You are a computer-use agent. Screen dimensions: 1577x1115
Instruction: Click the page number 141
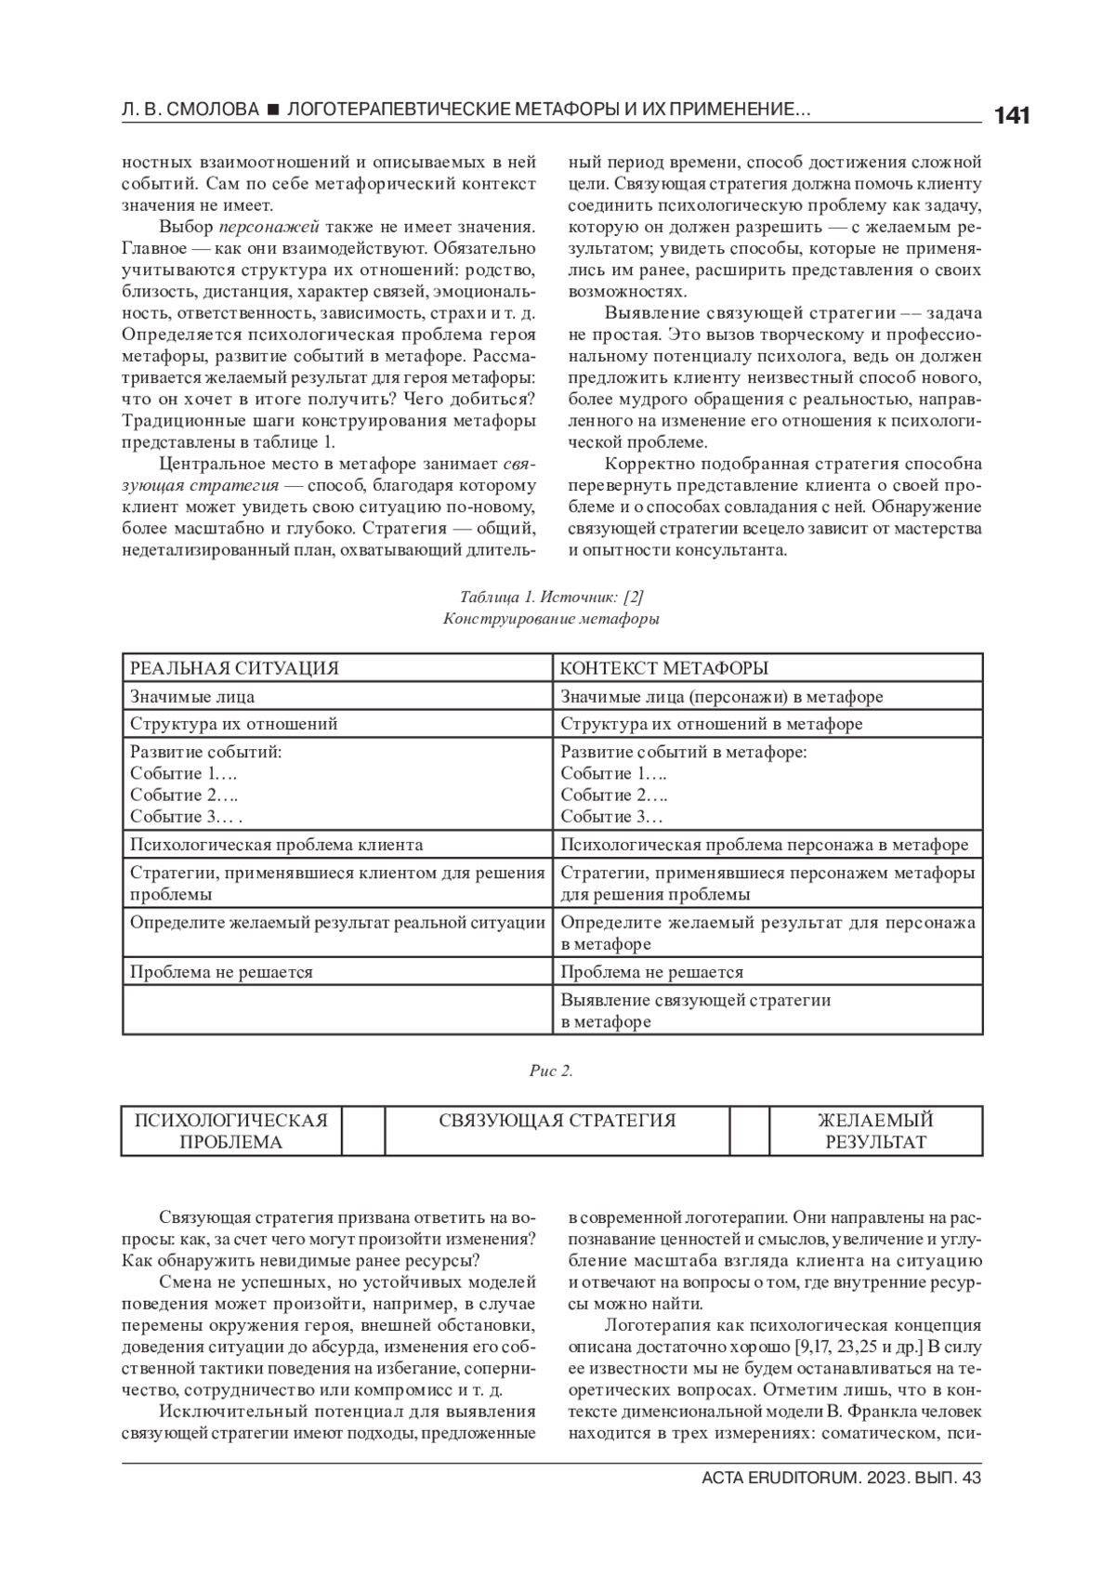tap(1011, 116)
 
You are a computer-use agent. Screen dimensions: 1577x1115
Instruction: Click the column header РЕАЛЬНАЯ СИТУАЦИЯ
tap(234, 668)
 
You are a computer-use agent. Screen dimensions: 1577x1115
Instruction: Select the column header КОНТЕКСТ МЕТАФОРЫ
tap(664, 668)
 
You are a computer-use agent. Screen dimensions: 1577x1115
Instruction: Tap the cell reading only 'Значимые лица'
tap(192, 696)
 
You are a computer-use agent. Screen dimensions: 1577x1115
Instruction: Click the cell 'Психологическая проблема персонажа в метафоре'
tap(764, 845)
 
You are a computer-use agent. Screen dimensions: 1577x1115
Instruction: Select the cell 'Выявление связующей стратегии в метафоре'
tap(696, 1011)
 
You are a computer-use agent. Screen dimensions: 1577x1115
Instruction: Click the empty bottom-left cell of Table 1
tap(336, 1011)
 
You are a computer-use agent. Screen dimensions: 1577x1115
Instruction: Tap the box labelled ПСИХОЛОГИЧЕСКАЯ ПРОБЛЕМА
tap(231, 1131)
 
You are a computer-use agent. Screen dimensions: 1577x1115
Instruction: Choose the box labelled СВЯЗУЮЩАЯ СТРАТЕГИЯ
tap(557, 1121)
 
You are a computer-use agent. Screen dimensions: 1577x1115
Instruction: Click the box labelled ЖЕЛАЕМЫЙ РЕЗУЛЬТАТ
tap(875, 1131)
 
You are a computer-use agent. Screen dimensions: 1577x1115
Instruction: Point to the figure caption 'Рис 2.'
tap(551, 1071)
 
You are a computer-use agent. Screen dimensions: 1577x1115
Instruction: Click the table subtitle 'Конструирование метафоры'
tap(551, 619)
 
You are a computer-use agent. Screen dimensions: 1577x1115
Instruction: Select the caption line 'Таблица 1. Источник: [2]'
tap(551, 597)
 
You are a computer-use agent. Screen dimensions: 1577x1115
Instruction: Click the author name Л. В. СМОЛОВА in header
tap(190, 111)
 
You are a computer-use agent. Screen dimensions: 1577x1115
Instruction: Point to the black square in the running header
tap(273, 111)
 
